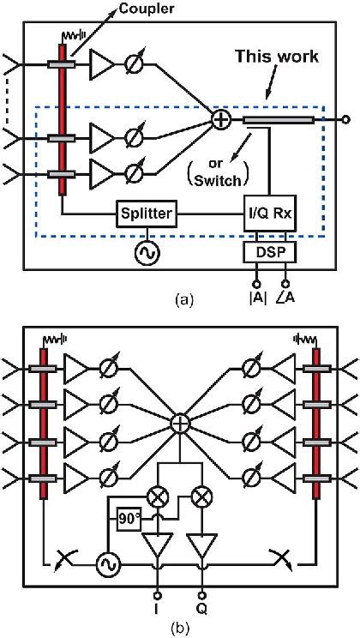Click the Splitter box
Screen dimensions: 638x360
[x=147, y=213]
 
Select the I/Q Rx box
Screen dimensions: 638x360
[x=268, y=213]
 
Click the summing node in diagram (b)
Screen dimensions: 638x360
[x=180, y=423]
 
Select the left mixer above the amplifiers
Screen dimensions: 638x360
[x=157, y=497]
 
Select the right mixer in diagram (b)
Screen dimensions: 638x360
[x=203, y=497]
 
